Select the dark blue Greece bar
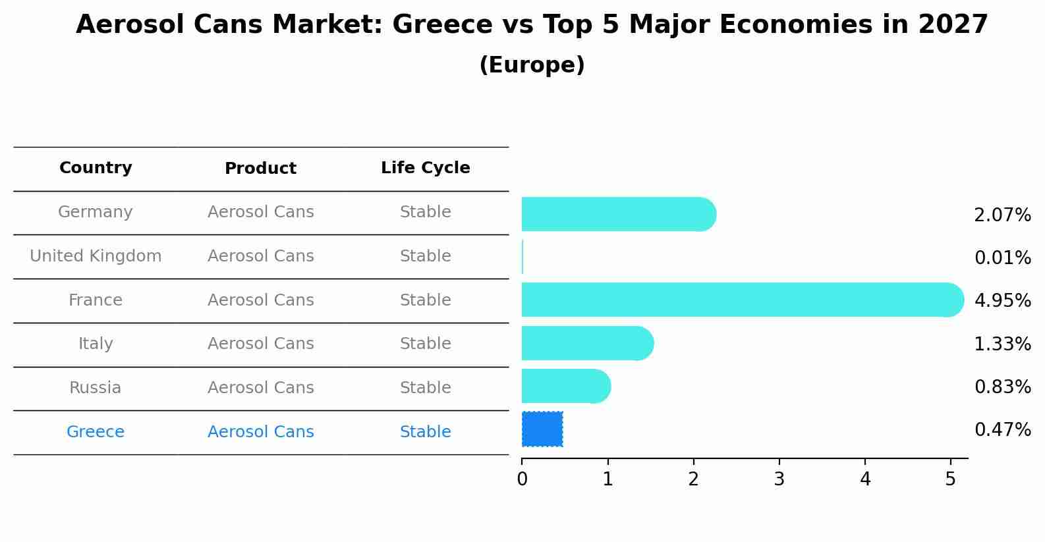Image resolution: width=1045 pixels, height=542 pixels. (x=542, y=429)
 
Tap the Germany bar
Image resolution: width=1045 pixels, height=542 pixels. (x=618, y=214)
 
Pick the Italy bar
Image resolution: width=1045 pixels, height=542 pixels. (x=586, y=343)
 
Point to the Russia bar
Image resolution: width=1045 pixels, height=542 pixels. (x=565, y=386)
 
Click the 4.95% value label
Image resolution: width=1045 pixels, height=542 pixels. (x=1002, y=301)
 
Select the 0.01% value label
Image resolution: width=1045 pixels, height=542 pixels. (x=1002, y=258)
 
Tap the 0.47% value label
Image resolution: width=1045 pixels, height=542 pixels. (x=1002, y=430)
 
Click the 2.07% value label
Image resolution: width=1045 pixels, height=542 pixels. (x=1002, y=215)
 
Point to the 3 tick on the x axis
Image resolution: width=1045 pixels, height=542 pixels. (x=779, y=479)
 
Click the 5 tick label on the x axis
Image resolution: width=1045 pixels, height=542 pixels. (x=950, y=479)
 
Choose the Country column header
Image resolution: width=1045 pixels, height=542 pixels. (x=96, y=168)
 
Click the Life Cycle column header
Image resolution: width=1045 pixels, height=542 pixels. (x=425, y=168)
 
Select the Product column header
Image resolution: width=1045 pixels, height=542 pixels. (x=260, y=169)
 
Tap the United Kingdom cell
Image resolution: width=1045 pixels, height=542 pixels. (x=96, y=256)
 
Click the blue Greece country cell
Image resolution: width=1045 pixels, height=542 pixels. (x=96, y=432)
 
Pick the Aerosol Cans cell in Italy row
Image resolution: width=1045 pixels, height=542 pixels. (x=260, y=344)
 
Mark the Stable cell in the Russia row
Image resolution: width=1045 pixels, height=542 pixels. (x=425, y=388)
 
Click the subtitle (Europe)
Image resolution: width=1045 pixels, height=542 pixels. (x=532, y=65)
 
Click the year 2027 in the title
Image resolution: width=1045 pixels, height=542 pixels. (x=953, y=25)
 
